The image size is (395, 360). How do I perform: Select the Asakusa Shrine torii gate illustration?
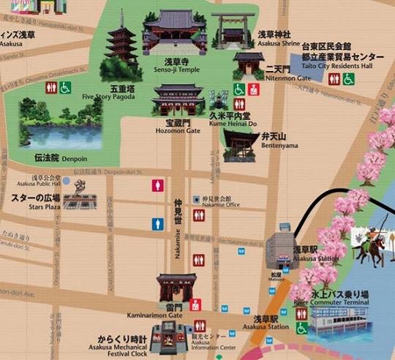pos(233,28)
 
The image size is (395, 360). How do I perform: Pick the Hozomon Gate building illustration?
pos(177,99)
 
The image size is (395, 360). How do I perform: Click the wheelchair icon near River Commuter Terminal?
pos(301,328)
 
